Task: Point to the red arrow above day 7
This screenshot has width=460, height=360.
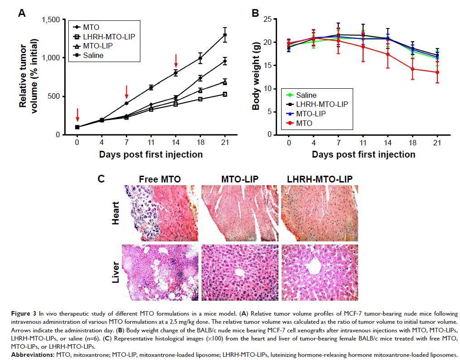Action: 127,91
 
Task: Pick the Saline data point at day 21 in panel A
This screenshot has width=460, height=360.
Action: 225,35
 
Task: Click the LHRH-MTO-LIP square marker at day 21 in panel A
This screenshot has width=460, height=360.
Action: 225,94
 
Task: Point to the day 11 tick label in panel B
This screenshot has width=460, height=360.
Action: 363,143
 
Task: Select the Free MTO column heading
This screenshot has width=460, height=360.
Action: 160,179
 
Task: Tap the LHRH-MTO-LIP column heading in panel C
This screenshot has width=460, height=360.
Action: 320,179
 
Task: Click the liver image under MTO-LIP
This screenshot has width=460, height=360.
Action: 240,272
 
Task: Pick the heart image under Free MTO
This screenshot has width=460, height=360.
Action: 160,212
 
